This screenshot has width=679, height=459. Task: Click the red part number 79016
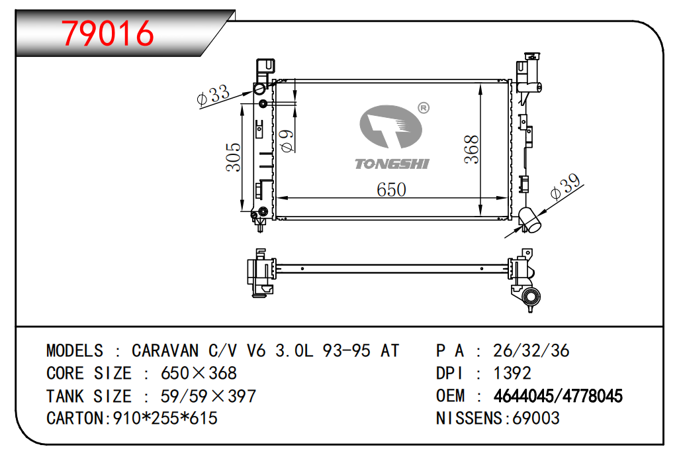[x=107, y=33]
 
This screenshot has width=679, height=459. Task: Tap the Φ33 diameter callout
[x=212, y=95]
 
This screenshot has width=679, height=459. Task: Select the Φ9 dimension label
[x=287, y=141]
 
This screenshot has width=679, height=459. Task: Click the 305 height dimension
[x=233, y=157]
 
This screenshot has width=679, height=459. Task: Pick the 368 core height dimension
[x=471, y=149]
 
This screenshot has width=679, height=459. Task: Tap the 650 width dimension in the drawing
[x=391, y=190]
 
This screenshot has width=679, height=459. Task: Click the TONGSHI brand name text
[x=392, y=164]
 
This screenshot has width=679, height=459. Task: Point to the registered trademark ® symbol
[x=423, y=108]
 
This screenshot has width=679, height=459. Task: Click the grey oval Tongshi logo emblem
[x=390, y=127]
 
